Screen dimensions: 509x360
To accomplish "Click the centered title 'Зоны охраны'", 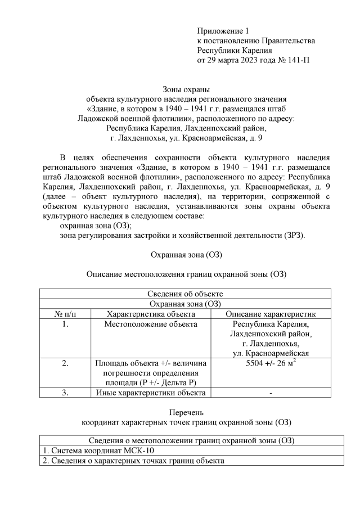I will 186,89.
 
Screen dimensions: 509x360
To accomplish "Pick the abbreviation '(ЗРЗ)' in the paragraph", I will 292,235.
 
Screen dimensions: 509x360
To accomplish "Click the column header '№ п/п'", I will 65,314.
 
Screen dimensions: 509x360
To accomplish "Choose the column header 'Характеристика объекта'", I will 150,314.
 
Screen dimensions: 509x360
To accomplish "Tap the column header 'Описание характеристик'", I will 271,314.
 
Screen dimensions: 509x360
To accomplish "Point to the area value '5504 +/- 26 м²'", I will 271,363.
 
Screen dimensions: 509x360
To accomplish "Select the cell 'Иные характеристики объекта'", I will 150,393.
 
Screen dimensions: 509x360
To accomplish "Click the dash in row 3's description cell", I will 271,393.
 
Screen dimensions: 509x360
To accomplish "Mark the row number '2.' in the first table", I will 65,363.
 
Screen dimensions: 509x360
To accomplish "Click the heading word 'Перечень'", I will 186,412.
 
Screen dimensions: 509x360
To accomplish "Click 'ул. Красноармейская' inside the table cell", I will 271,353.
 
